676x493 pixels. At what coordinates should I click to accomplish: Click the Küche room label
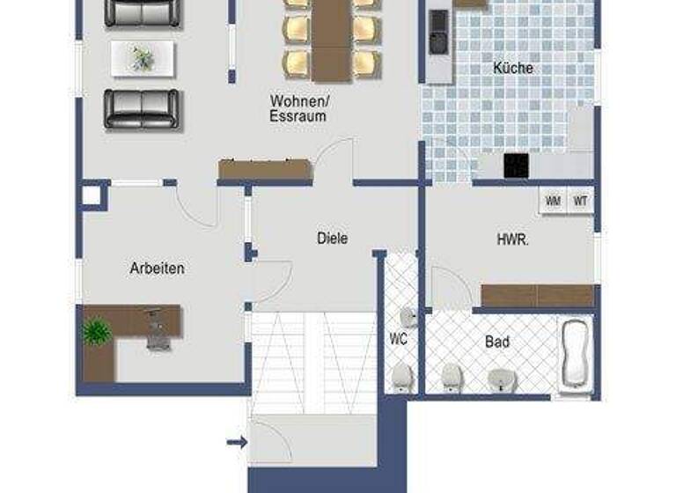click(512, 68)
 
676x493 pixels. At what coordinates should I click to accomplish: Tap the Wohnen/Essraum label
click(298, 108)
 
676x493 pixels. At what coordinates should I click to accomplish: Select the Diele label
click(332, 238)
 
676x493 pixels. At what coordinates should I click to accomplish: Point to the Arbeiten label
click(157, 268)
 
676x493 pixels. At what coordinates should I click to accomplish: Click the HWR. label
click(512, 238)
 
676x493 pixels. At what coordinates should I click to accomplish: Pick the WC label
click(398, 337)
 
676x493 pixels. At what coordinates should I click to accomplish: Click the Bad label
click(497, 342)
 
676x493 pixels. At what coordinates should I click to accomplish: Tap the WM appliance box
click(553, 201)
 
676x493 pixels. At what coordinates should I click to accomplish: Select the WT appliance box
click(580, 201)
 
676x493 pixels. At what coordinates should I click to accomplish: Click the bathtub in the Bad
click(577, 354)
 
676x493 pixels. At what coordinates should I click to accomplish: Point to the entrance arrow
click(236, 442)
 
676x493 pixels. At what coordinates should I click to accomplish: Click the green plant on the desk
click(96, 332)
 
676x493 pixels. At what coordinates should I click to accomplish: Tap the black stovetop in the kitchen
click(516, 166)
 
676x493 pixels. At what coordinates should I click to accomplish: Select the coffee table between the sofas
click(143, 59)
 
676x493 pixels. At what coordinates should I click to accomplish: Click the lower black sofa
click(141, 108)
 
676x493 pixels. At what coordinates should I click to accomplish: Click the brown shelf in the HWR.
click(537, 296)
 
